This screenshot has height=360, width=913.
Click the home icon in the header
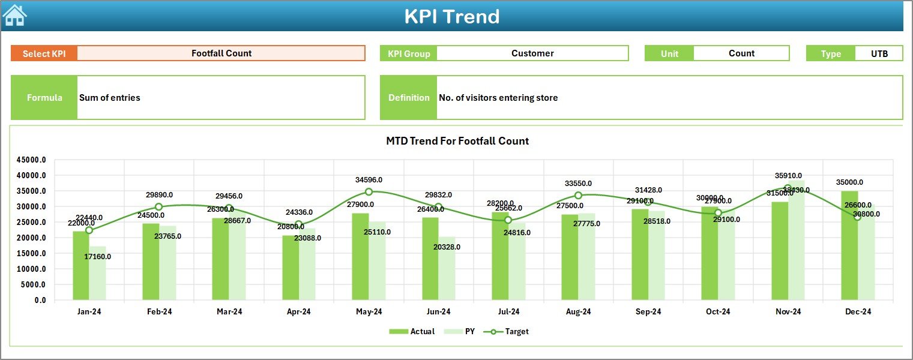(x=14, y=16)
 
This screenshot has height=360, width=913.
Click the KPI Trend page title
(x=451, y=16)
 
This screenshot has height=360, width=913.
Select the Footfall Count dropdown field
(x=221, y=53)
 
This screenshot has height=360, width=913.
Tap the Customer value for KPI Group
(x=532, y=53)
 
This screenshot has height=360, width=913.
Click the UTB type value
(x=879, y=53)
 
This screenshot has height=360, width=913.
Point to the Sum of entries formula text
(x=110, y=98)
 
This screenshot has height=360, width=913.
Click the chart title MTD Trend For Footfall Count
(x=457, y=141)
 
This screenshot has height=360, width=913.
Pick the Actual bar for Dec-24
(x=849, y=246)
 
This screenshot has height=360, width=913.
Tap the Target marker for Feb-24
(x=159, y=207)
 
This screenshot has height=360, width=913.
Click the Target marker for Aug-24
(x=578, y=196)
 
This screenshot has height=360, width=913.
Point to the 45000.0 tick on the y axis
(x=31, y=160)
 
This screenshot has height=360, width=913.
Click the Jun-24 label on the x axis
(x=438, y=312)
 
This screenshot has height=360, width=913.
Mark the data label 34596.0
(x=369, y=179)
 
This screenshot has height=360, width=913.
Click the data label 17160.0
(x=97, y=256)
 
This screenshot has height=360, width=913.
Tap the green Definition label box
(x=408, y=98)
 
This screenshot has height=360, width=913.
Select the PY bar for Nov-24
(x=796, y=240)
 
